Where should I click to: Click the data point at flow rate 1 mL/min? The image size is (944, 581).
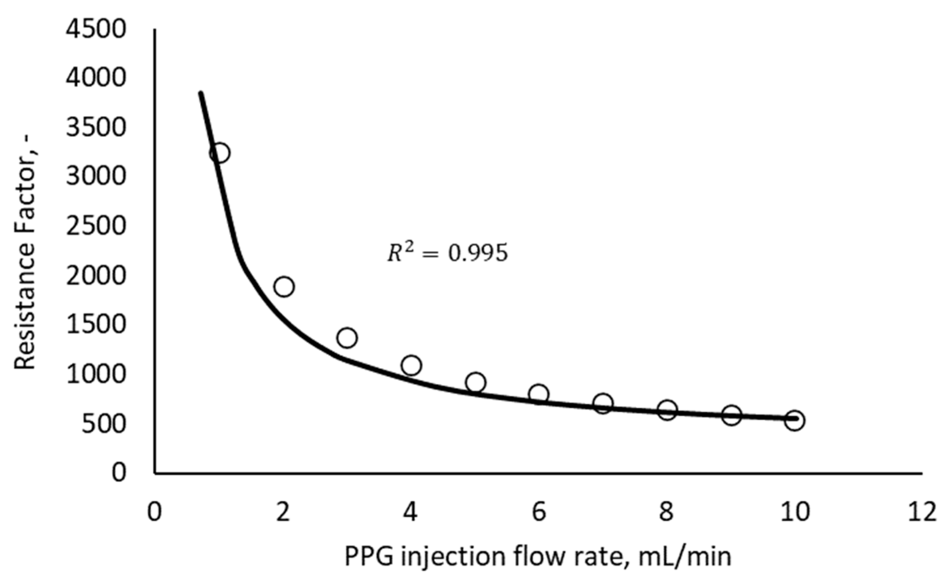220,152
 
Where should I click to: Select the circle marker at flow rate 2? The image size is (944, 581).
284,286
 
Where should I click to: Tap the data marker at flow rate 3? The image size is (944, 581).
347,337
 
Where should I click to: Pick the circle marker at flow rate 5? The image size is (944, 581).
475,382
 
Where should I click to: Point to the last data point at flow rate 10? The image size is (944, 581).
794,420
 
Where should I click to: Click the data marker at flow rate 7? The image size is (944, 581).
603,403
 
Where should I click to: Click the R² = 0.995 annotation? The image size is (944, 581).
447,253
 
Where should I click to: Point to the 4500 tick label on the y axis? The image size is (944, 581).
96,29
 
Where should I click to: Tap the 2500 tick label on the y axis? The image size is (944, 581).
96,226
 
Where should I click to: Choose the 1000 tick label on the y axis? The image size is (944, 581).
96,374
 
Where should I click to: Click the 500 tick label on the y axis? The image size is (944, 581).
103,424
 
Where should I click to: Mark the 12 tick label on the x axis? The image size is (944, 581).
922,512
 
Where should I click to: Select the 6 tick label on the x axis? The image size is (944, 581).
539,512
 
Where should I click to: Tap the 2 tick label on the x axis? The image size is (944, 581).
283,512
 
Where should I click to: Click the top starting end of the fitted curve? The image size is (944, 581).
200,94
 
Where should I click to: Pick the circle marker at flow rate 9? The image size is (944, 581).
731,415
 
